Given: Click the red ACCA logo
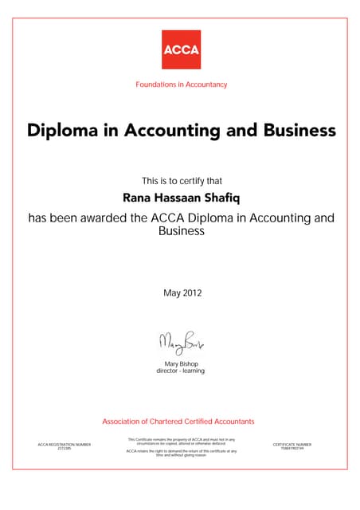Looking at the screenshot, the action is [x=182, y=49].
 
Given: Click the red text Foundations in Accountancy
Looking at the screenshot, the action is [x=182, y=84].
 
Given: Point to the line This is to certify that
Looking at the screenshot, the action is [x=182, y=181].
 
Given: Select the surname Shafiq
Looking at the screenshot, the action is [x=226, y=198].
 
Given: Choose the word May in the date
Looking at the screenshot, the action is [x=172, y=293].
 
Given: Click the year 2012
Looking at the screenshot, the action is [x=192, y=293].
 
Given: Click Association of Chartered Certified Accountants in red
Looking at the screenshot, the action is [x=178, y=420].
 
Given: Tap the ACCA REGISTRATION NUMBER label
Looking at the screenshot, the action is [x=65, y=444].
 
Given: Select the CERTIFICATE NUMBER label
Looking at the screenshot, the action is [x=292, y=444].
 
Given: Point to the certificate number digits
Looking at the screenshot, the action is [x=292, y=449].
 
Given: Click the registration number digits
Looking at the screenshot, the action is [x=65, y=449].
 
